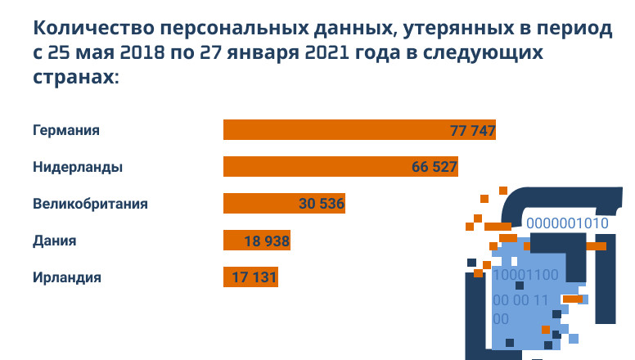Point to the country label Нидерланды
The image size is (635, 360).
(x=78, y=167)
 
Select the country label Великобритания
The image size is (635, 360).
(x=90, y=204)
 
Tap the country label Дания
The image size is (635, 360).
(x=55, y=241)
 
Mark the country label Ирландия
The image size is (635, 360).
(x=67, y=277)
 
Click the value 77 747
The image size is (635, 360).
(x=473, y=131)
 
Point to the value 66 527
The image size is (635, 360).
(x=434, y=168)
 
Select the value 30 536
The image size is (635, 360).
(x=322, y=205)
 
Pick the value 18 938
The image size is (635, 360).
(x=268, y=241)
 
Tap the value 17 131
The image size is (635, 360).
(x=254, y=278)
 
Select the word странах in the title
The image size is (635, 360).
(x=73, y=78)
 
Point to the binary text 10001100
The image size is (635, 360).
(x=525, y=276)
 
